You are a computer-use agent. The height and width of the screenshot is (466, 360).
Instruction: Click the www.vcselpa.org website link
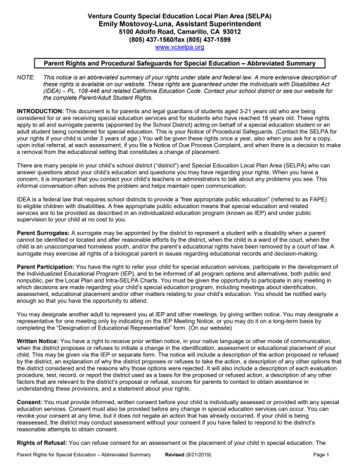tap(179, 47)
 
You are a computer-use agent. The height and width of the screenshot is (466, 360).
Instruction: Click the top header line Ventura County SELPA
tap(179, 15)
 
